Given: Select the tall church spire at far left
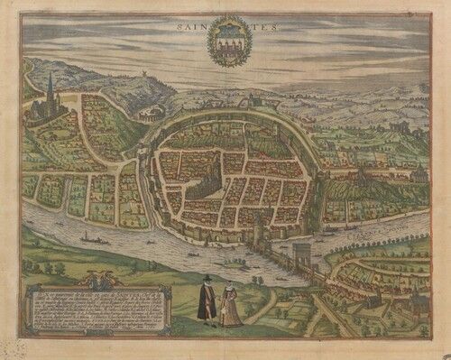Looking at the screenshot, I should pyautogui.click(x=49, y=90).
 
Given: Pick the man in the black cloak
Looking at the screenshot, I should pyautogui.click(x=207, y=301).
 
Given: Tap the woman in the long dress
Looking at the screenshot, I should pyautogui.click(x=231, y=305).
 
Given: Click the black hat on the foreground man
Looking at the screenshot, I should pyautogui.click(x=207, y=279).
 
